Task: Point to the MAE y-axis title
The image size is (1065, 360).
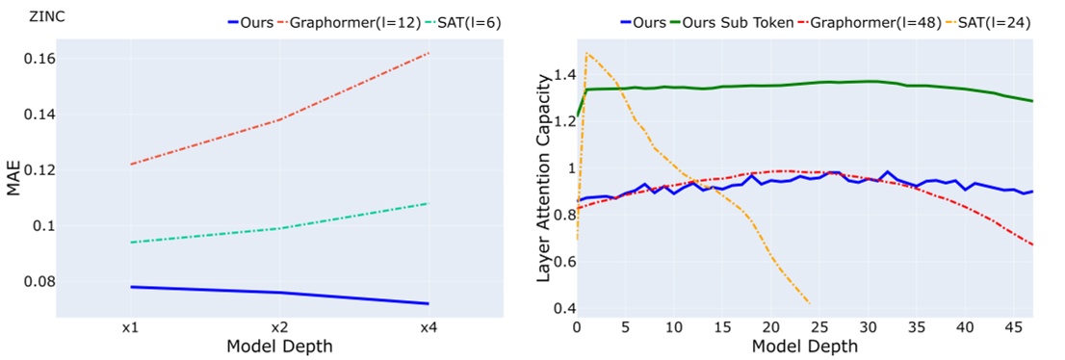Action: tap(13, 178)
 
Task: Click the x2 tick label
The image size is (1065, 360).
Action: tap(277, 327)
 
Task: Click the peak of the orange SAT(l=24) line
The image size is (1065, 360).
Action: tap(586, 52)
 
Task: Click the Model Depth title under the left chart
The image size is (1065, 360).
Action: tap(277, 346)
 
